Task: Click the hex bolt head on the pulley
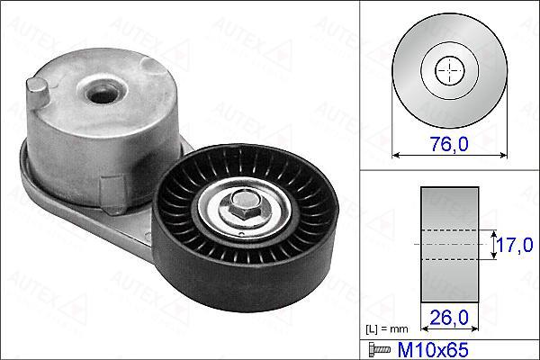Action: tap(244, 206)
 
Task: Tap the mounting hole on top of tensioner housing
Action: tap(102, 93)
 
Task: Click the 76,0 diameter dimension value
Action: tap(449, 144)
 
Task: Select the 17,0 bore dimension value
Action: tap(515, 245)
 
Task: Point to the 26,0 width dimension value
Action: tap(449, 317)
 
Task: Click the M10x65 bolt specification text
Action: tap(433, 350)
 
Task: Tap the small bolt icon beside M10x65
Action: tap(380, 350)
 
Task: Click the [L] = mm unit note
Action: tap(386, 329)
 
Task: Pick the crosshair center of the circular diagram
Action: tap(449, 70)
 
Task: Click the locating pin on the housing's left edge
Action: tap(37, 93)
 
